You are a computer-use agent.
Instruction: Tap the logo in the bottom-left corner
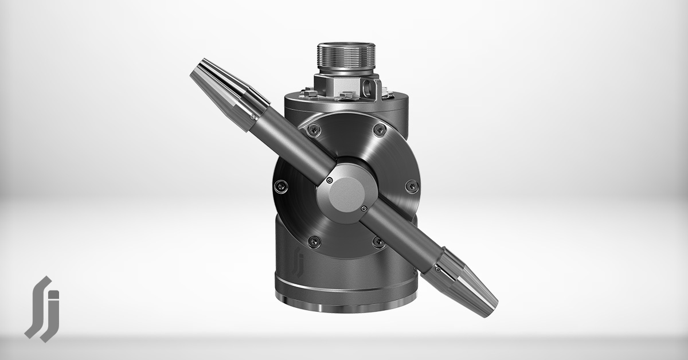coord(42,309)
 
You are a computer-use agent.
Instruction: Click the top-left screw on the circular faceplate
coord(312,130)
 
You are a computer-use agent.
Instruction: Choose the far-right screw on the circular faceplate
coord(411,186)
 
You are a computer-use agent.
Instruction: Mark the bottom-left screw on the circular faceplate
coord(312,241)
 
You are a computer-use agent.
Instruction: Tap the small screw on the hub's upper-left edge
coord(329,181)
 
